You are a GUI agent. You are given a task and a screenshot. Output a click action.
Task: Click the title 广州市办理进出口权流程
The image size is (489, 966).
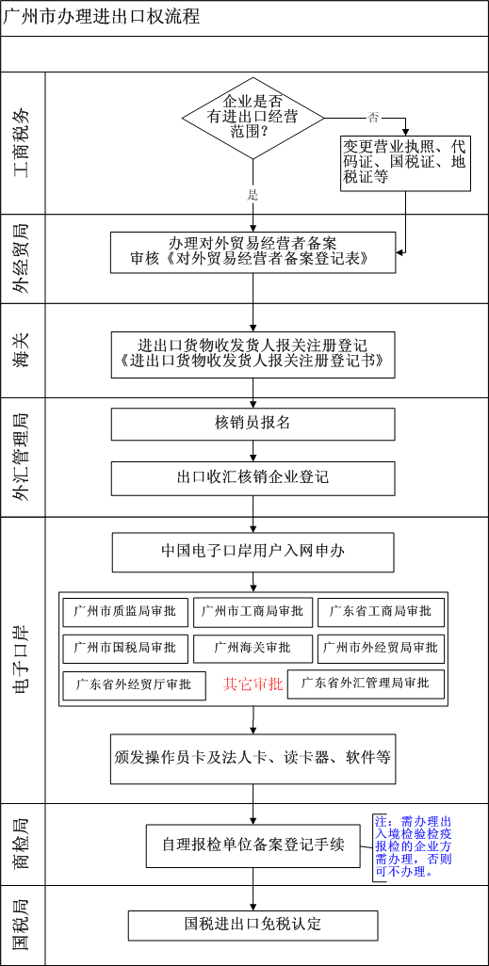[102, 17]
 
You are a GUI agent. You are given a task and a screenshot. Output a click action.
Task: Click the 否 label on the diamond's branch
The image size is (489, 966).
[372, 116]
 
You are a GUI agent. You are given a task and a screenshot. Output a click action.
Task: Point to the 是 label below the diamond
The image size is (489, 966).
[253, 195]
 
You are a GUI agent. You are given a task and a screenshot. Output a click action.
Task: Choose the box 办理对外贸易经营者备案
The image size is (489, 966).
[253, 252]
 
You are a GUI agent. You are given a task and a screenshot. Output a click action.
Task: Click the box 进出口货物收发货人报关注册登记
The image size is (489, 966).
[253, 351]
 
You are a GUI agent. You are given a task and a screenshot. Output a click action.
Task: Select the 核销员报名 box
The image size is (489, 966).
[253, 425]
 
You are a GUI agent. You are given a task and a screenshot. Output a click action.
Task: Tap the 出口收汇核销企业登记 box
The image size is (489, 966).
[253, 478]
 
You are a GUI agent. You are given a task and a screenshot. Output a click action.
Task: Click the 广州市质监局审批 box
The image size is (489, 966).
[125, 612]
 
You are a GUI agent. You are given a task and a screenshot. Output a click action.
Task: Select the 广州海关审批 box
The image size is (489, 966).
[253, 649]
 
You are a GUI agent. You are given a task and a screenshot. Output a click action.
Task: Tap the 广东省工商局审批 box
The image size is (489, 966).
[381, 612]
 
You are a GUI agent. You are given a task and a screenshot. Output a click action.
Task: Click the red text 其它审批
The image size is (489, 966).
[253, 684]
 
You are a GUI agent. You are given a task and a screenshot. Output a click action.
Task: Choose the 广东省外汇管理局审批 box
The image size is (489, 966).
[365, 684]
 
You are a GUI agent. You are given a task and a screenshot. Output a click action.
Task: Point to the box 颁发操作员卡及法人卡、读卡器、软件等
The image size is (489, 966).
[253, 757]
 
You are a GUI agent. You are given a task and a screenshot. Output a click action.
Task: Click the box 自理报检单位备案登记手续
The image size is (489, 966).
[253, 845]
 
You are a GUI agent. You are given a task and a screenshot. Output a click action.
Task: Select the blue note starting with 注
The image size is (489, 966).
[413, 847]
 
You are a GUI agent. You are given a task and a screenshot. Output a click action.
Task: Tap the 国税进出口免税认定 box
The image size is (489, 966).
[253, 925]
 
